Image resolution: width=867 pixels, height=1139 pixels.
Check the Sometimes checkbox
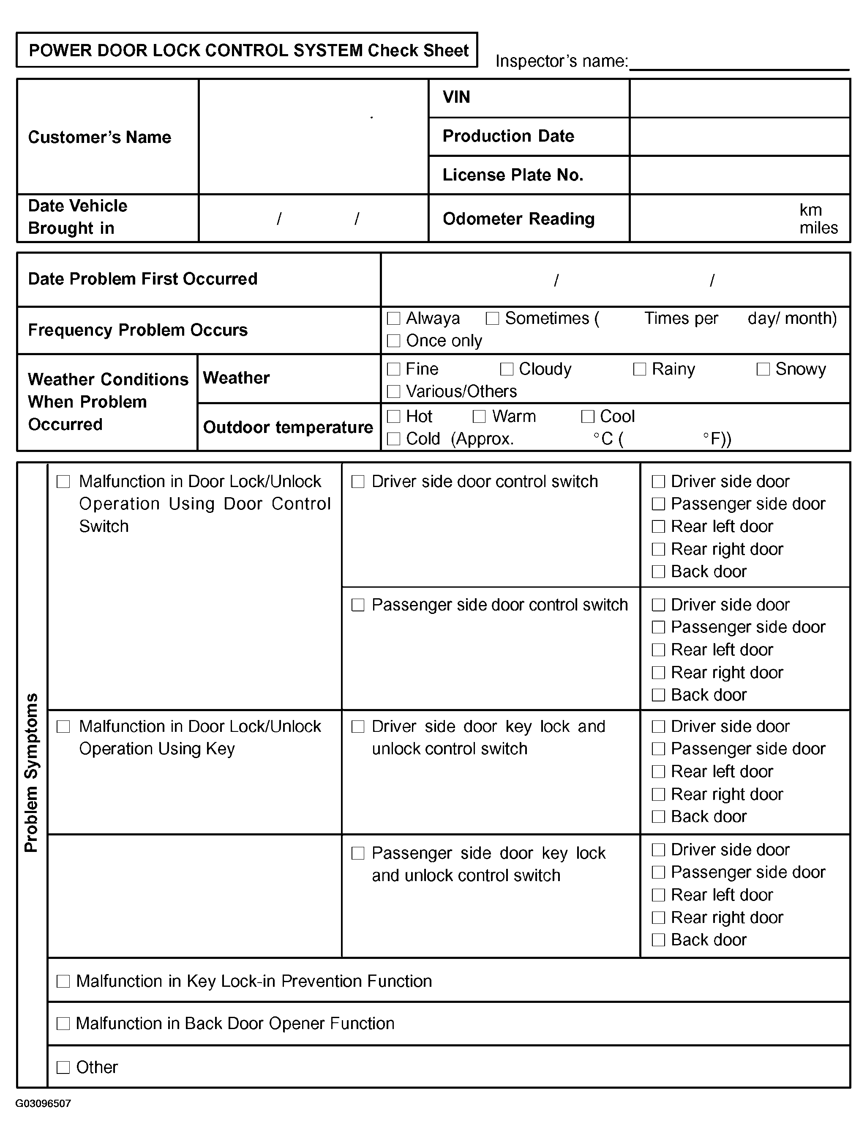492,318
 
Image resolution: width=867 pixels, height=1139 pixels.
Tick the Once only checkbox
394,341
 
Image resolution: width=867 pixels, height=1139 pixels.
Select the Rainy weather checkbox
639,369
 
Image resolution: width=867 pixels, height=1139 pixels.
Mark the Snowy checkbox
763,369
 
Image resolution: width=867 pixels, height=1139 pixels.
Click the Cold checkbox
394,439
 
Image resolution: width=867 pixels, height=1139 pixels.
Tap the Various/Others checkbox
394,392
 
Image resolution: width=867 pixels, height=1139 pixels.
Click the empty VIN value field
739,98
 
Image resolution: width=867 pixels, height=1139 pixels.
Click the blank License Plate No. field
739,175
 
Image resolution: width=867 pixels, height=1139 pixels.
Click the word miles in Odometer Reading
818,228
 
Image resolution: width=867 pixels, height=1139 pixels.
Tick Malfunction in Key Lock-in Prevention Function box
63,981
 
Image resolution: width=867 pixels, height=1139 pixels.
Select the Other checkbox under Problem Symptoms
63,1067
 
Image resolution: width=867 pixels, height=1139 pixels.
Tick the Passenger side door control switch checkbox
357,605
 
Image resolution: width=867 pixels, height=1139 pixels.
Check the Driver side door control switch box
357,482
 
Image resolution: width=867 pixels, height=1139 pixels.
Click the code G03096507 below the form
44,1103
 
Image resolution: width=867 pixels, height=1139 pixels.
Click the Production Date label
508,136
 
